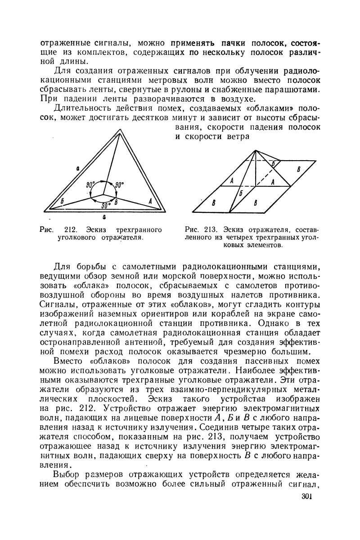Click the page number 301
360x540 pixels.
[x=306, y=496]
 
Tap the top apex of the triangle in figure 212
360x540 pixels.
[x=118, y=131]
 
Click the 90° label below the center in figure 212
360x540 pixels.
[x=106, y=206]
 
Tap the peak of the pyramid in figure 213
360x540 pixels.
[x=255, y=150]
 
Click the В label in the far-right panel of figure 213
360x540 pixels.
[x=297, y=169]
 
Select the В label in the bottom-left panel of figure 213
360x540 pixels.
[x=214, y=202]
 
